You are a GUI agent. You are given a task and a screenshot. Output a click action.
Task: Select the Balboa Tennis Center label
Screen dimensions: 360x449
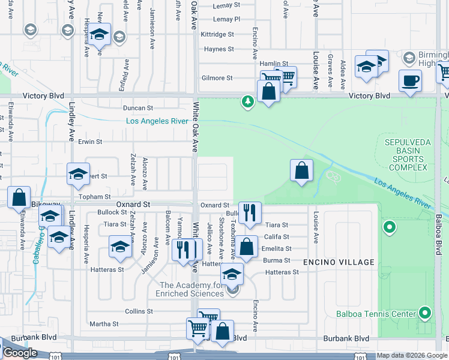[x=384, y=314]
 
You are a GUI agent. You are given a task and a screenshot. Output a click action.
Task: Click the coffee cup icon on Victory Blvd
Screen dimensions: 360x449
[x=410, y=80]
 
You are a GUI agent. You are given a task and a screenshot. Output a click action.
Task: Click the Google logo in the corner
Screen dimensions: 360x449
[x=19, y=353]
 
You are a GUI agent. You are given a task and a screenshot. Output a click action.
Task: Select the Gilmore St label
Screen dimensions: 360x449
[x=217, y=78]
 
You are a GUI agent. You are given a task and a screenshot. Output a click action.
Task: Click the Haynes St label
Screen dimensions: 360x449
[x=218, y=49]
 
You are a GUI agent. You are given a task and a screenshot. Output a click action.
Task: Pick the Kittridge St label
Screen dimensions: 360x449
[x=217, y=34]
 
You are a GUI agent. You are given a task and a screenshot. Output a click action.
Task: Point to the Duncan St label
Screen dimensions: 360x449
[x=138, y=108]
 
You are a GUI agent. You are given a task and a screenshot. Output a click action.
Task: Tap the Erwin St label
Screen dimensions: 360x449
[x=90, y=142]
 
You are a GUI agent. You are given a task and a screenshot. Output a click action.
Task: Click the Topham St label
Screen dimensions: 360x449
[x=95, y=196]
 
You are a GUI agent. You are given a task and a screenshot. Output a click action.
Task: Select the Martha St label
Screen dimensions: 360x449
[x=104, y=324]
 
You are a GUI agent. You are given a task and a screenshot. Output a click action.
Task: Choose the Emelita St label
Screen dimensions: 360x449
[x=278, y=248]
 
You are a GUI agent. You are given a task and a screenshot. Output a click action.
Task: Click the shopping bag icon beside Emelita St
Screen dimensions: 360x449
[x=246, y=246]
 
